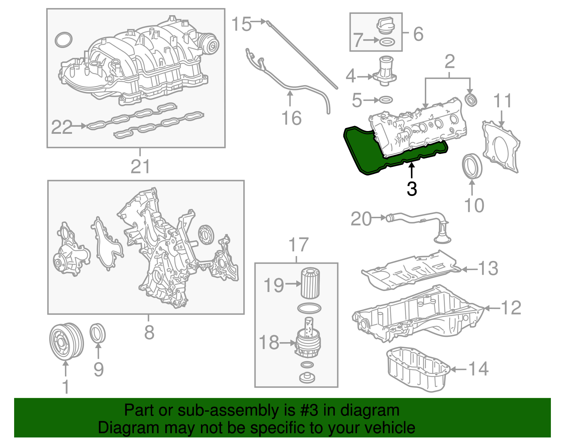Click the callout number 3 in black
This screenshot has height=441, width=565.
[412, 189]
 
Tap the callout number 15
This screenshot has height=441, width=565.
[241, 24]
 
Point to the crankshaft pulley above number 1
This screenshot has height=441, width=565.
[66, 341]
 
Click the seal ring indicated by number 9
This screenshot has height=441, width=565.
[98, 333]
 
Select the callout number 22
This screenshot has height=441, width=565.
[61, 127]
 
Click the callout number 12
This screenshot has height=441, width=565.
[511, 308]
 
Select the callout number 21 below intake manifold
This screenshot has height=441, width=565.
[140, 166]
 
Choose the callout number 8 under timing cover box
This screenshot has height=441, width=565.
[149, 332]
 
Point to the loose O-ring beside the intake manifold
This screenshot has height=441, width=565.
[64, 40]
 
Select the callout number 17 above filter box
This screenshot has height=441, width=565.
[298, 245]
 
